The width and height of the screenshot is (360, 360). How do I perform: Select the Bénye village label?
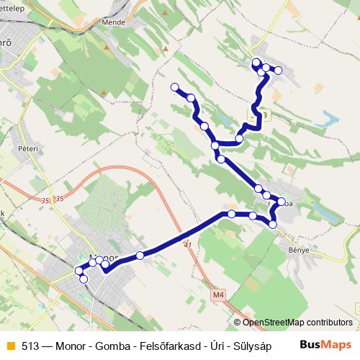[x=298, y=250]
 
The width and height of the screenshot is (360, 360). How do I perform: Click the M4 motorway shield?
[x=219, y=294]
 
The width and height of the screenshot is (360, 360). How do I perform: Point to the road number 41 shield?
[x=188, y=246]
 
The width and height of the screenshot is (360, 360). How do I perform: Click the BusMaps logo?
[x=325, y=344]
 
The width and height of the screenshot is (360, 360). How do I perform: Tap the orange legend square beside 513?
[x=9, y=345]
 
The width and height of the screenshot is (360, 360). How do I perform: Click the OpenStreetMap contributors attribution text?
[x=297, y=323]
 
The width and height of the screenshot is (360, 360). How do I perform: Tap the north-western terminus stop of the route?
[x=174, y=87]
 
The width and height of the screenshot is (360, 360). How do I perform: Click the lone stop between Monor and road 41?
[x=140, y=255]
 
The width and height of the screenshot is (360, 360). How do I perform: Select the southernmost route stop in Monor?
[x=84, y=279]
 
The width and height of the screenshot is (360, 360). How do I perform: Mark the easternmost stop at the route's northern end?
[x=276, y=71]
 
